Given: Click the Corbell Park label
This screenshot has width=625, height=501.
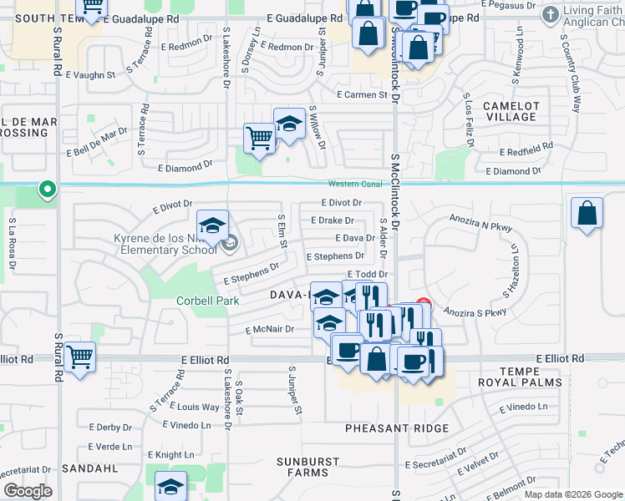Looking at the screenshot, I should tap(208, 301).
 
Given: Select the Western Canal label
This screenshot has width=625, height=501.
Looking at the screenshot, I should tap(354, 184).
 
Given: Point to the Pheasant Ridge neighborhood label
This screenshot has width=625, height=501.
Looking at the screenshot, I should tap(397, 428).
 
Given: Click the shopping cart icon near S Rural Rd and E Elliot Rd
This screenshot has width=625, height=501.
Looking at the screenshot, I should tap(80, 357).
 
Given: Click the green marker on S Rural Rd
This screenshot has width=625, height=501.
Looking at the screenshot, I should tap(48, 190).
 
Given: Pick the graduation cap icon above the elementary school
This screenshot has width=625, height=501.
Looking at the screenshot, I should tap(213, 225).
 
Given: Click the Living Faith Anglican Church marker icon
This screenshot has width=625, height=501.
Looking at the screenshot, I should tap(551, 15).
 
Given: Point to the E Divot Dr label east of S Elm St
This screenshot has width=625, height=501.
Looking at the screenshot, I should tap(342, 203).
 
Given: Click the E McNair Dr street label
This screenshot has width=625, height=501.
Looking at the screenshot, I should tap(270, 330).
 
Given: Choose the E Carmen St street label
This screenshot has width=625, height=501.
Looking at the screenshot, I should tap(362, 95).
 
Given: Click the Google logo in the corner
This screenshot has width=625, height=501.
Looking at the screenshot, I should tap(28, 491).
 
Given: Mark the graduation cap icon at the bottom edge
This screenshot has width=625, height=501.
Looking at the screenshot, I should tap(171, 486).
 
